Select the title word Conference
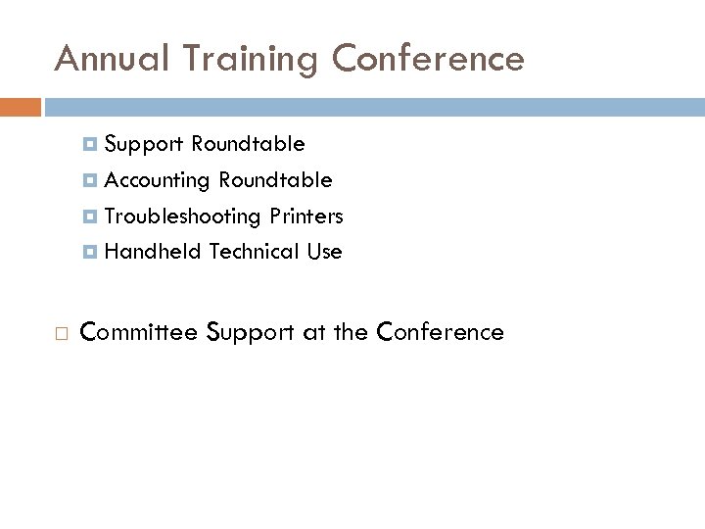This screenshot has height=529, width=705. [429, 59]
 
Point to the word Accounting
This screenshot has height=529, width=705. [158, 181]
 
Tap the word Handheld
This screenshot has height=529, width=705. [152, 252]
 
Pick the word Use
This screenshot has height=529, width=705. [324, 252]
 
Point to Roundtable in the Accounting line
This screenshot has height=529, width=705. [275, 181]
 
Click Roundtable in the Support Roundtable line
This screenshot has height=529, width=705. [248, 145]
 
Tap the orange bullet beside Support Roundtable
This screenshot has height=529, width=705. [90, 145]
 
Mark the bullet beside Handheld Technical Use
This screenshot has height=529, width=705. [90, 252]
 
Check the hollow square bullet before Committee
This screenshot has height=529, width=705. [61, 333]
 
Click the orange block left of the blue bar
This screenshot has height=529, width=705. [21, 106]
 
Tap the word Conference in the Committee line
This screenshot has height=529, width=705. [440, 332]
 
